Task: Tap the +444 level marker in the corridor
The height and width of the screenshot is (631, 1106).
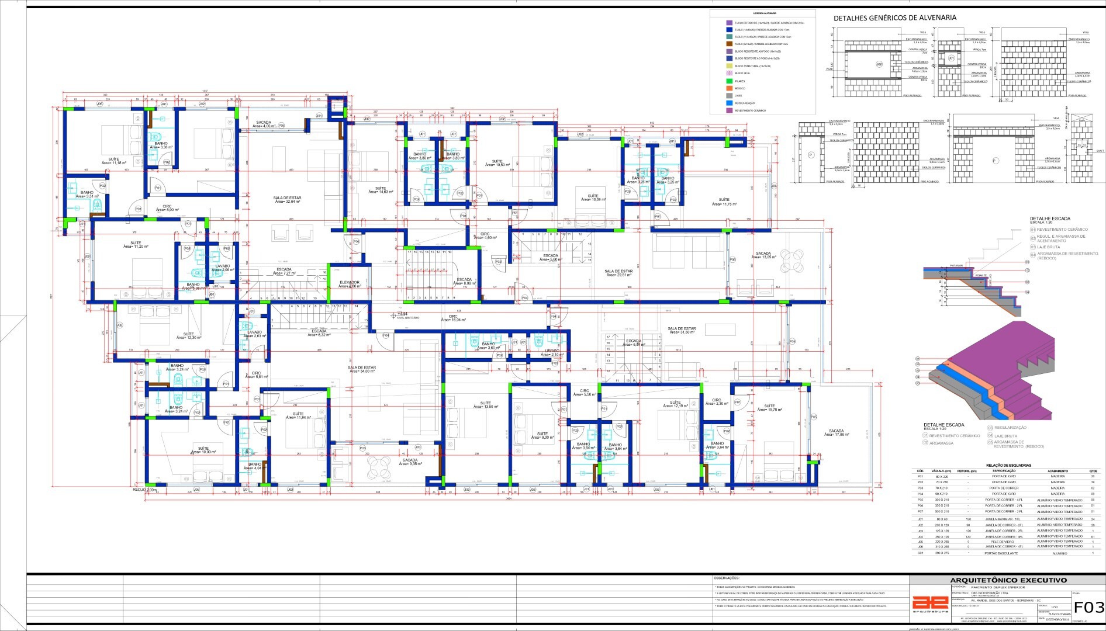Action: (x=402, y=314)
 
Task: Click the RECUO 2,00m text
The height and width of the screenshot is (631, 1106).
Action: (x=144, y=490)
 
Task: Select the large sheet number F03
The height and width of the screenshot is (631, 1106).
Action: (x=1088, y=606)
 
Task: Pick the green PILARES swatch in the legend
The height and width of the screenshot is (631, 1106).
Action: (x=729, y=81)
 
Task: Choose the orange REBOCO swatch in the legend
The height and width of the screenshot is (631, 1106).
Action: (x=729, y=88)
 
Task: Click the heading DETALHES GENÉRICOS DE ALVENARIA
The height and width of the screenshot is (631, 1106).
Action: (x=894, y=18)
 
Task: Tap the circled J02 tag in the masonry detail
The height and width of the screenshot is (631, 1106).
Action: (x=879, y=63)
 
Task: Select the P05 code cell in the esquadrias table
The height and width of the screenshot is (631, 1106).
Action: (x=921, y=500)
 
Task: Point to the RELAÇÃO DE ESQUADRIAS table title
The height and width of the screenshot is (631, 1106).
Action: (x=1008, y=465)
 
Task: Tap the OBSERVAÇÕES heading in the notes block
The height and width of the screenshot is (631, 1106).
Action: (x=727, y=578)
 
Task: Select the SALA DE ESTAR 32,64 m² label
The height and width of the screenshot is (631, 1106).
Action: (x=287, y=200)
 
